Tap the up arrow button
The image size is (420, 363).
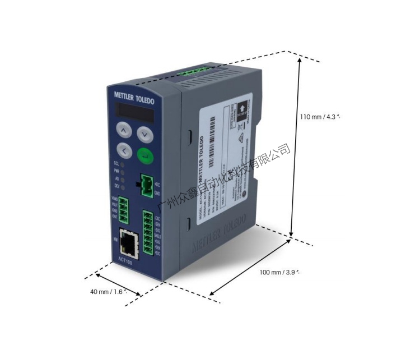pyautogui.click(x=124, y=131)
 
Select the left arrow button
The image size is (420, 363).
pyautogui.click(x=124, y=150)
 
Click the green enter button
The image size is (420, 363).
pyautogui.click(x=144, y=156)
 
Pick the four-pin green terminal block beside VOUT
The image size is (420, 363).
pyautogui.click(x=124, y=209)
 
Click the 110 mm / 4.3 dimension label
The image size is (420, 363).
pyautogui.click(x=320, y=117)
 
